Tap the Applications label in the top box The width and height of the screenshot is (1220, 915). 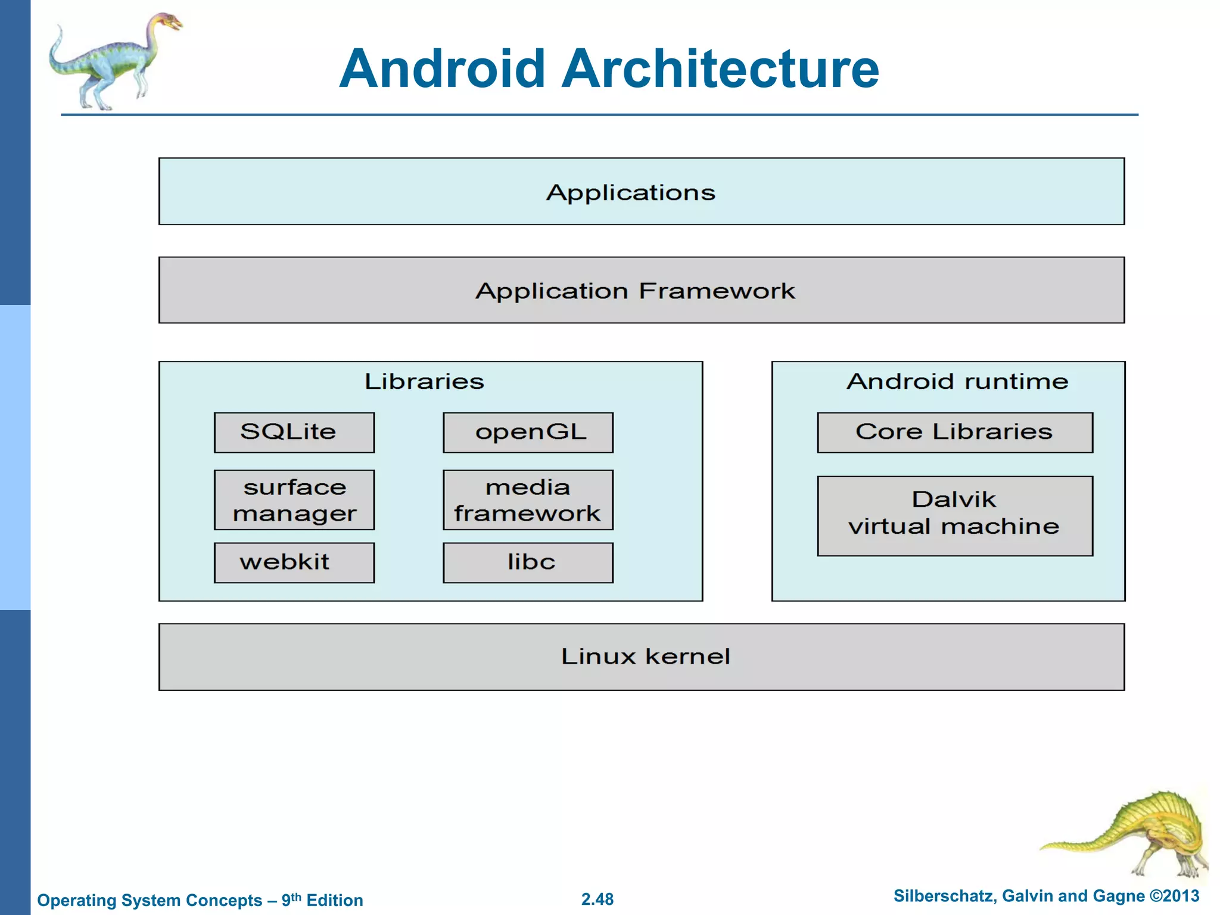tap(630, 192)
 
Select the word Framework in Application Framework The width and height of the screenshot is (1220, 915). tap(717, 291)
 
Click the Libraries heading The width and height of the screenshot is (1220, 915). tap(424, 381)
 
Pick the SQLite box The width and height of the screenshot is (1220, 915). tap(294, 432)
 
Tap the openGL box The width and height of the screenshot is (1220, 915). tap(528, 432)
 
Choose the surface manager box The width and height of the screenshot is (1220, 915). tap(294, 500)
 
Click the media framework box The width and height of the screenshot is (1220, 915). tap(528, 500)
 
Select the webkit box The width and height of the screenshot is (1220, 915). tap(294, 562)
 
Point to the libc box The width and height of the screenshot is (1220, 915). tap(528, 562)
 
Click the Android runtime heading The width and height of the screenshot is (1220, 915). tap(957, 381)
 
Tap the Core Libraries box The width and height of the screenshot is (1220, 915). tap(954, 432)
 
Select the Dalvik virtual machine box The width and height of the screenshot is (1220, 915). tap(954, 515)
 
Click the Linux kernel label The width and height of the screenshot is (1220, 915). tap(645, 656)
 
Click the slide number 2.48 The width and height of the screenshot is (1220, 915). tap(597, 899)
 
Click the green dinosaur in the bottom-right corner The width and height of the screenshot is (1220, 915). tap(1144, 834)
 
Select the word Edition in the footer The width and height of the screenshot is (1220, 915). tap(334, 900)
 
